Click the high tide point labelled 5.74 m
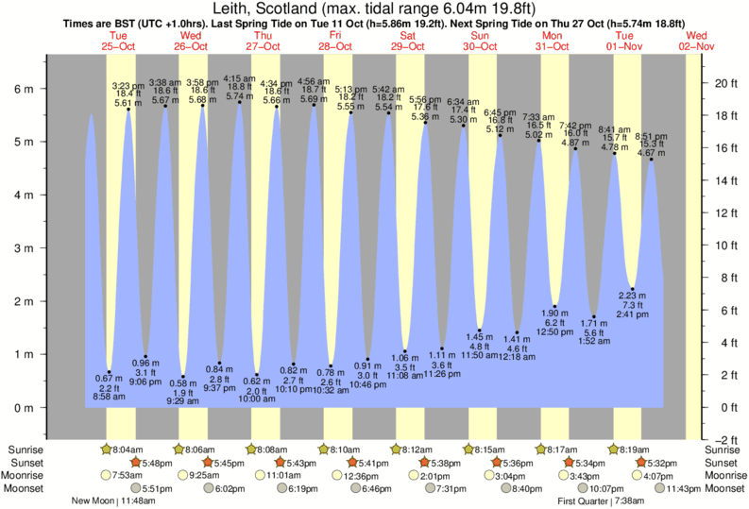[239, 102]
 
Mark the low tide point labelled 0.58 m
[183, 377]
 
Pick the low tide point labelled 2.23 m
[633, 289]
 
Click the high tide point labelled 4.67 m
[652, 160]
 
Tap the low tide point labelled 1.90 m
[555, 307]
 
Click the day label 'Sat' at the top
[409, 35]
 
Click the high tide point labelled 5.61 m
[128, 110]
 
